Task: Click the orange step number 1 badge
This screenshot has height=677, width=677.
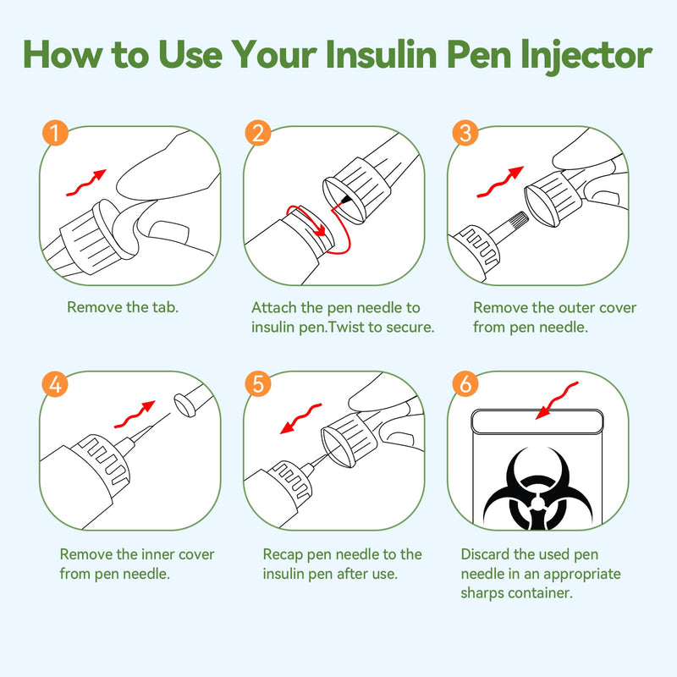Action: (55, 134)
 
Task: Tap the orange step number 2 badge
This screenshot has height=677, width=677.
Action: (258, 134)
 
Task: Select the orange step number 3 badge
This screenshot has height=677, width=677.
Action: (462, 134)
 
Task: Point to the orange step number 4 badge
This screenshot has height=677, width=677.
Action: (55, 383)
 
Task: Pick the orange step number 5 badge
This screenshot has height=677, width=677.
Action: (258, 383)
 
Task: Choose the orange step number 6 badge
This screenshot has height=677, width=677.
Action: (462, 383)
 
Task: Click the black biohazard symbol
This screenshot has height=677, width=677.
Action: (536, 490)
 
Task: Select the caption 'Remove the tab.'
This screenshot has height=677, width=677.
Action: (123, 307)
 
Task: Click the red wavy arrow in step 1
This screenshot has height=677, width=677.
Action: (86, 182)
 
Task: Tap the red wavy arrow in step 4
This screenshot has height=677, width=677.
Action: (135, 415)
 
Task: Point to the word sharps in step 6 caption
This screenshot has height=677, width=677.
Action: (486, 593)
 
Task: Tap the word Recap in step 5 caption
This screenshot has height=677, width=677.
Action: (283, 554)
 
